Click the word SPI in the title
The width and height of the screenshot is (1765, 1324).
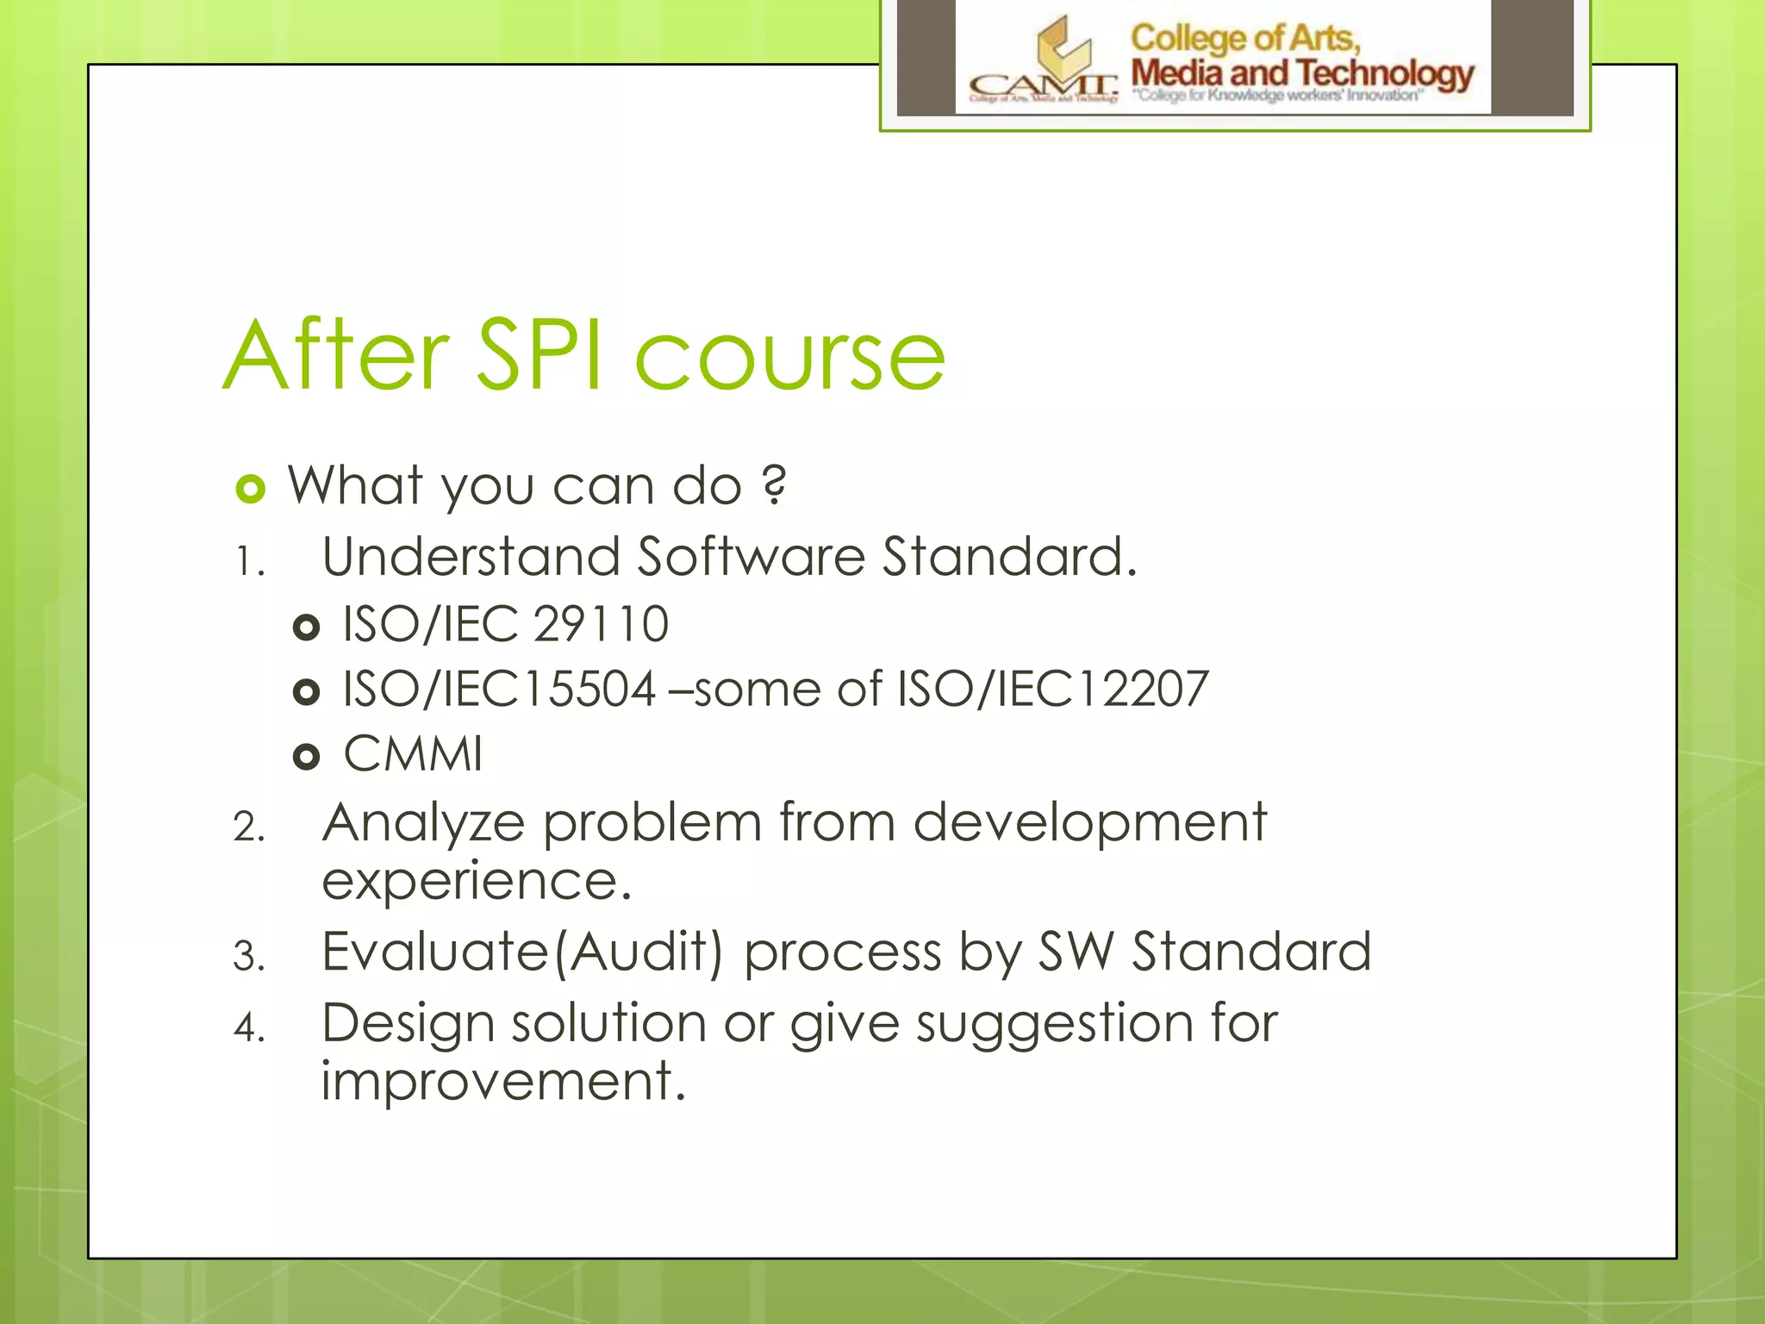[539, 355]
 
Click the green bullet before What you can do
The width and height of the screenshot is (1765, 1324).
[250, 490]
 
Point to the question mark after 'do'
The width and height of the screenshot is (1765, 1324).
[775, 485]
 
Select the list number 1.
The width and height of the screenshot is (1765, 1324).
[249, 563]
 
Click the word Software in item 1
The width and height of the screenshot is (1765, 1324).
[751, 556]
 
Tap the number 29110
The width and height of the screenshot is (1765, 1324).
[601, 624]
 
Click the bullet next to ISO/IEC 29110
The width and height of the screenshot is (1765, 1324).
[306, 627]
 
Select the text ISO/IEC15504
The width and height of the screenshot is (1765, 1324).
[499, 690]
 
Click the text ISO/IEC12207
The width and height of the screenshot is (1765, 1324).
[1052, 690]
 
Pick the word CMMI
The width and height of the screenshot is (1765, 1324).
[413, 754]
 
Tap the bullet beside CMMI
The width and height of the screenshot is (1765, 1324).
[306, 757]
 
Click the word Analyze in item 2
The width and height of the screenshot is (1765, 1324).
[423, 823]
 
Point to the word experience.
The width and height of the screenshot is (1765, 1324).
[476, 882]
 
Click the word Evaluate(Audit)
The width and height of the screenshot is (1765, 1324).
[522, 952]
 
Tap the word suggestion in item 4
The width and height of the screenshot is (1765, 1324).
[1054, 1025]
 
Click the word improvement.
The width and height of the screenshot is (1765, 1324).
[502, 1082]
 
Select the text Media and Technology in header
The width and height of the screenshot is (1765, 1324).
[1301, 73]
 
